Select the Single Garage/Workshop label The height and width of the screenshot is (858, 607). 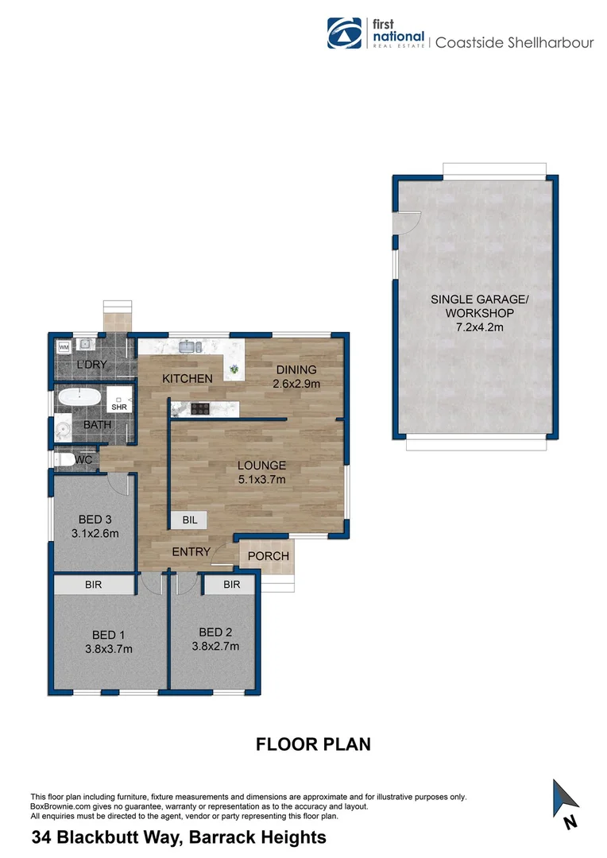(479, 306)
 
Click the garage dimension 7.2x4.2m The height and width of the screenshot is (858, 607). (479, 325)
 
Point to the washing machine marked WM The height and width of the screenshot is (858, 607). (63, 347)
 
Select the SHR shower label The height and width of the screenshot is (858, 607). (119, 407)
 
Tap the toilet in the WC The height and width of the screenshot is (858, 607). (65, 460)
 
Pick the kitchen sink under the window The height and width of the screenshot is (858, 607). (189, 346)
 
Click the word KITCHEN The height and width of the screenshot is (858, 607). (188, 379)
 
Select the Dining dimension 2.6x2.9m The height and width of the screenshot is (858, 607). (296, 383)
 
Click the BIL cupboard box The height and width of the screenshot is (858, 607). (190, 520)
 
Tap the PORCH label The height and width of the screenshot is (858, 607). (269, 556)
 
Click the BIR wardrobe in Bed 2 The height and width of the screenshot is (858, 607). (231, 585)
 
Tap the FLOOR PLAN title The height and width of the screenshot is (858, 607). (313, 744)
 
